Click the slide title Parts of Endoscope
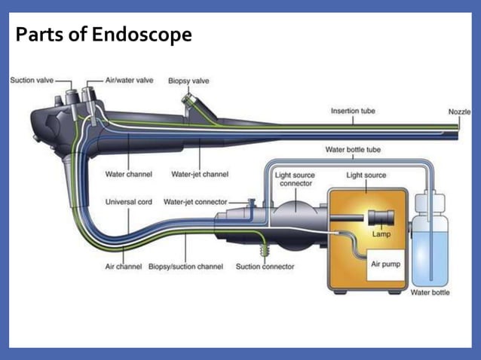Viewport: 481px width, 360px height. click(x=103, y=35)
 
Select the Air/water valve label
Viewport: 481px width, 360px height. click(x=129, y=80)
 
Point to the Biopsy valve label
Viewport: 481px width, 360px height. click(x=188, y=81)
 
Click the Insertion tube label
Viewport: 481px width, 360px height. click(x=353, y=111)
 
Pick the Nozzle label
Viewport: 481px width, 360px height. click(x=458, y=111)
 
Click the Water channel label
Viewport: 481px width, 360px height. click(x=128, y=175)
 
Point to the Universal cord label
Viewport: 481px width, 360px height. click(x=128, y=202)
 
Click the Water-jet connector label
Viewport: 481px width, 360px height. click(x=195, y=202)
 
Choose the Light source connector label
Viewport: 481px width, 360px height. click(x=296, y=179)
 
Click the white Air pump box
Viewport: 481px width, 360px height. click(x=386, y=266)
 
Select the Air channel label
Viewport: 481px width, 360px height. click(x=124, y=267)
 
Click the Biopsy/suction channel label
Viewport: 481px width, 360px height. click(x=185, y=267)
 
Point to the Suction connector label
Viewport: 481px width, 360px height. click(x=265, y=267)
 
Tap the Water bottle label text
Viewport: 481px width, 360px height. click(x=430, y=292)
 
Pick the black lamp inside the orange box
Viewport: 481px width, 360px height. click(x=379, y=217)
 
